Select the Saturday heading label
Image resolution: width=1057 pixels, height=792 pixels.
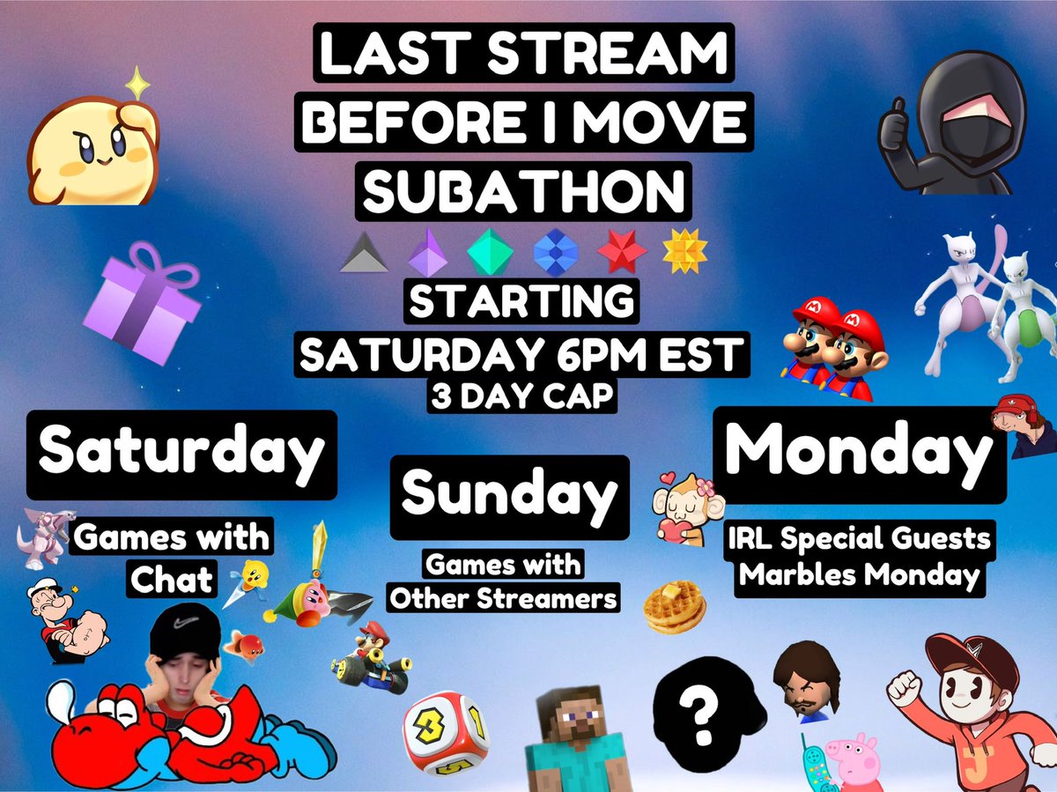point(181,453)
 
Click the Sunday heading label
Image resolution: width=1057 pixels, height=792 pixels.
point(509,496)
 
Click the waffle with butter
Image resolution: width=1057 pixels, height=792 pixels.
point(674,605)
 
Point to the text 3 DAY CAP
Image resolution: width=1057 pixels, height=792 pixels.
point(523,396)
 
